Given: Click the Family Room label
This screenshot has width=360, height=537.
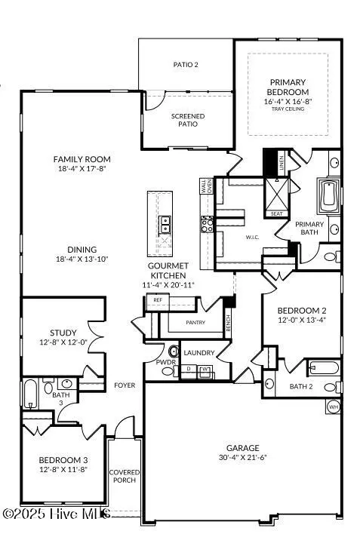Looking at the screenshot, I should [x=82, y=159].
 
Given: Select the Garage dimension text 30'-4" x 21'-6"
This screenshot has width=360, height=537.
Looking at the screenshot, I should [x=242, y=457].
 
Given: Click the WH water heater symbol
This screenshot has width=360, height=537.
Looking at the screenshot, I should [x=333, y=407].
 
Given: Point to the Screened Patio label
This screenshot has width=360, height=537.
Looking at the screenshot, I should [x=188, y=120].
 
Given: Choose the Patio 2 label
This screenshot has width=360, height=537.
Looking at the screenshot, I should [x=186, y=65].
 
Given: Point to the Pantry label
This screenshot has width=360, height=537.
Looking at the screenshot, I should [x=195, y=323].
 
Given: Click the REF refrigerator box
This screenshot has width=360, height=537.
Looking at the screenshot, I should [x=158, y=300].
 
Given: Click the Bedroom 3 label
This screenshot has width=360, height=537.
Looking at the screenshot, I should [x=64, y=460].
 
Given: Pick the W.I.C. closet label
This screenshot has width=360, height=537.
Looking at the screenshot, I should [x=253, y=237].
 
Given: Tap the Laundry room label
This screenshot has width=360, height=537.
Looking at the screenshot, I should [x=199, y=352].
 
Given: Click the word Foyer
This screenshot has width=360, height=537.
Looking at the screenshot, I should [x=125, y=385].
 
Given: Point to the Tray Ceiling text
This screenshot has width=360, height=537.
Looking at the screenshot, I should [x=288, y=108].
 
